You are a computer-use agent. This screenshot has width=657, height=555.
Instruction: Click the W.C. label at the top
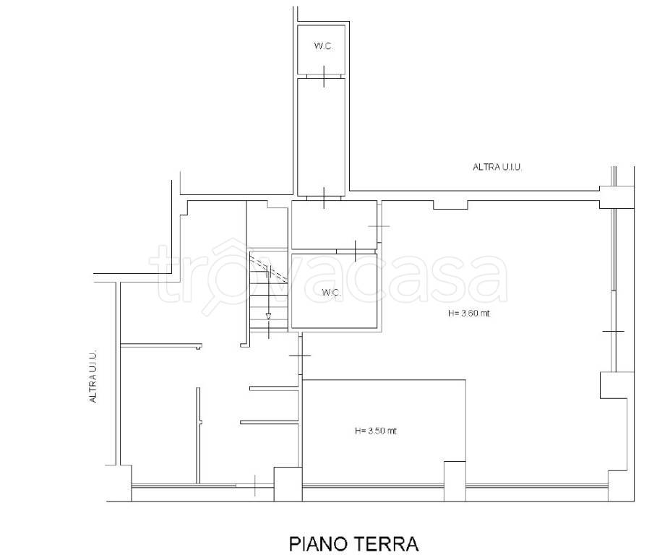point(322,47)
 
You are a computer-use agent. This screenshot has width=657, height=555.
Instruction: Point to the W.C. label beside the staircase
point(331,292)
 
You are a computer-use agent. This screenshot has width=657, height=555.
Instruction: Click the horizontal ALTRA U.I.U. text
point(497,167)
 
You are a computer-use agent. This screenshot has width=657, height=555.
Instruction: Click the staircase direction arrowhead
point(269,316)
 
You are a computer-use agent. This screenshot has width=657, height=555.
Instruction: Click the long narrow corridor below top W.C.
point(322,134)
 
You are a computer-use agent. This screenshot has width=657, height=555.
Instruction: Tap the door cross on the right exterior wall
point(613,331)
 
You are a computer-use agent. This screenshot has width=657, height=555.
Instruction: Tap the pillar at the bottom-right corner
point(617,484)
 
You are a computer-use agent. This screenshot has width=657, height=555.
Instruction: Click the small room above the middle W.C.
point(332,225)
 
